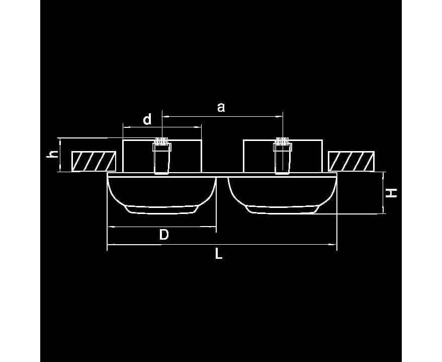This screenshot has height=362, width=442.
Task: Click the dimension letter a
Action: pyautogui.click(x=221, y=108)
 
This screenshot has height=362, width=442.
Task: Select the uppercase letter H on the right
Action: pyautogui.click(x=391, y=193)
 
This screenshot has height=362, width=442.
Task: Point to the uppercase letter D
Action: pyautogui.click(x=164, y=235)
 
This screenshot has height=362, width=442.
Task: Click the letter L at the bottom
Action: pyautogui.click(x=219, y=253)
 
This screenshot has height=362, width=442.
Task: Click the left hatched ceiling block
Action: pyautogui.click(x=94, y=161)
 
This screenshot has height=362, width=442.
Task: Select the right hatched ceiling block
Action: pyautogui.click(x=351, y=161)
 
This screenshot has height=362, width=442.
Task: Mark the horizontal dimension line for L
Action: pyautogui.click(x=222, y=245)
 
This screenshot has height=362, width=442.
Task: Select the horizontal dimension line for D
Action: pyautogui.click(x=161, y=226)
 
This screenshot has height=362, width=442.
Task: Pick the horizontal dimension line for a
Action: pyautogui.click(x=222, y=116)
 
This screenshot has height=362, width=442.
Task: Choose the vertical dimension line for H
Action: pyautogui.click(x=383, y=193)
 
